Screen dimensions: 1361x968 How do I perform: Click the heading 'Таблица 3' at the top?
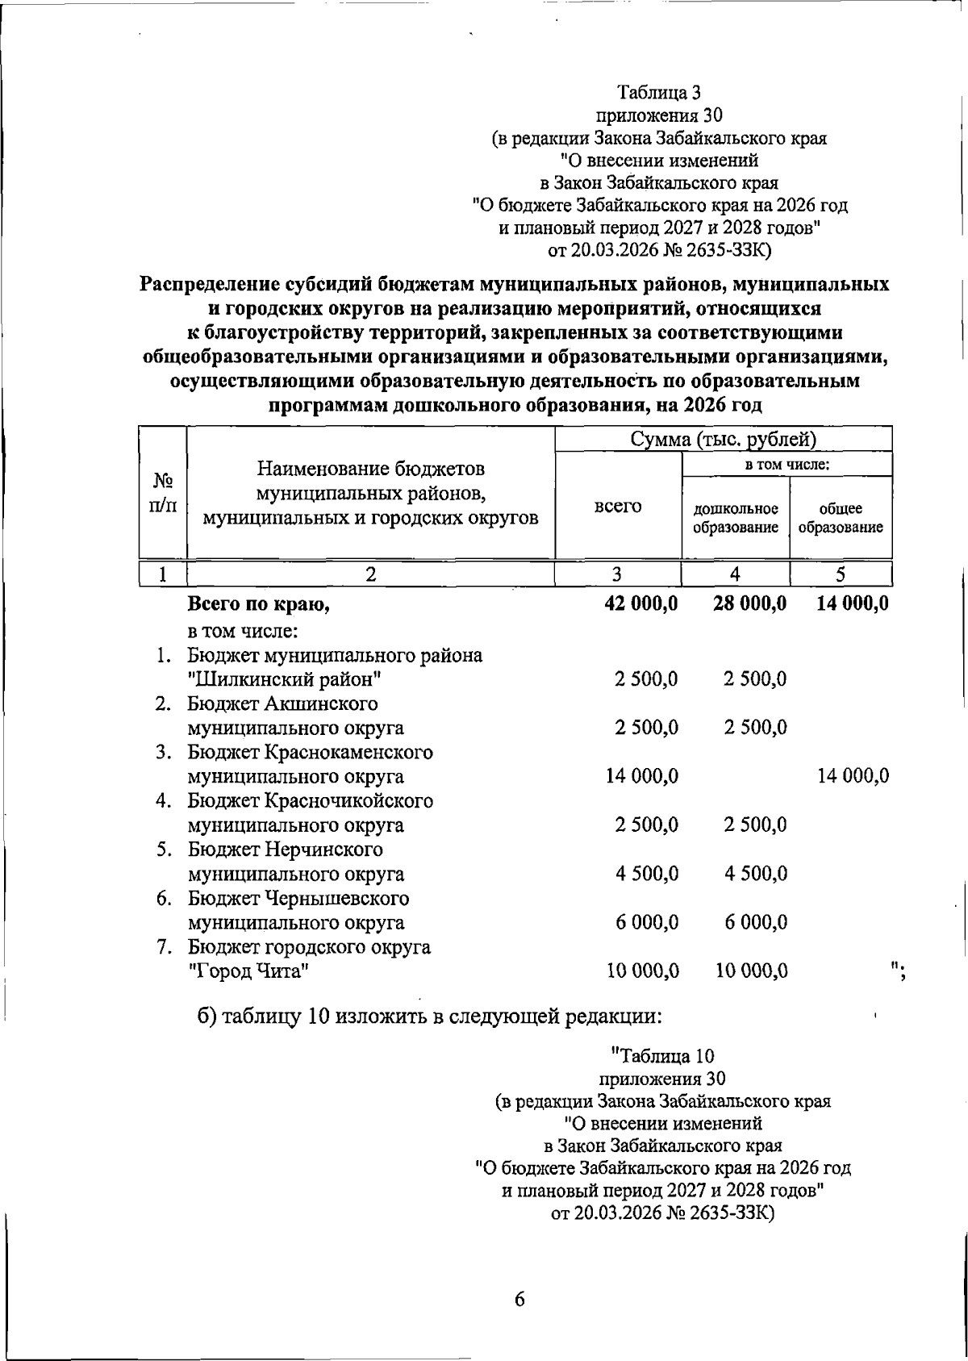tap(661, 93)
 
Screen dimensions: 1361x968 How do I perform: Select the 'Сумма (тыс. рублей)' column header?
tap(724, 440)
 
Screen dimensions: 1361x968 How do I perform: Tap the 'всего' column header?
tap(618, 506)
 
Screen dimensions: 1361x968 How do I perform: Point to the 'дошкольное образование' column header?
tap(736, 518)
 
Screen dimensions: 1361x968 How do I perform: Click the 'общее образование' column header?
tap(841, 518)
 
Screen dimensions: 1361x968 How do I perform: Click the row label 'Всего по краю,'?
tap(258, 604)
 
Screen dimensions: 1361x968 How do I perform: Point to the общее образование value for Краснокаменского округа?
tap(853, 776)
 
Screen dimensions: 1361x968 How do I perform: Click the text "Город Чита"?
tap(249, 971)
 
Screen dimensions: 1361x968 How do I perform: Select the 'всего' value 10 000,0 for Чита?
tap(642, 971)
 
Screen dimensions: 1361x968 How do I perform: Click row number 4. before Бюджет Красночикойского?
tap(164, 801)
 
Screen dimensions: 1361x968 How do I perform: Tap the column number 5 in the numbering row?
tap(841, 574)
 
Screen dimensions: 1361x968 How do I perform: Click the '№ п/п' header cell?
tap(163, 493)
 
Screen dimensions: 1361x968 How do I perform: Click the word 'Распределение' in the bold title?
tap(207, 285)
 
